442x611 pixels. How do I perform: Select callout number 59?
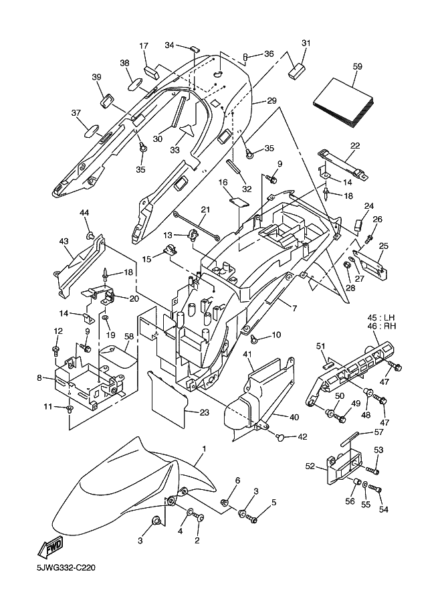click(x=357, y=67)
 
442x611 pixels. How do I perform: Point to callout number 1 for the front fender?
click(x=204, y=449)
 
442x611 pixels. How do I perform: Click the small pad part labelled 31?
click(x=296, y=70)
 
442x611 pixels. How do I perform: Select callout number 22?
click(x=354, y=146)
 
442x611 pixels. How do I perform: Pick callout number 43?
click(x=64, y=242)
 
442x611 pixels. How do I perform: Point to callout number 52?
click(x=311, y=465)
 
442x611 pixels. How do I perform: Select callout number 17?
click(x=143, y=46)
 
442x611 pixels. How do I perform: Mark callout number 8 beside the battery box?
click(x=39, y=378)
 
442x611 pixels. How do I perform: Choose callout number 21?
click(x=205, y=209)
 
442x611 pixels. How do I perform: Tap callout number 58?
click(x=129, y=336)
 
